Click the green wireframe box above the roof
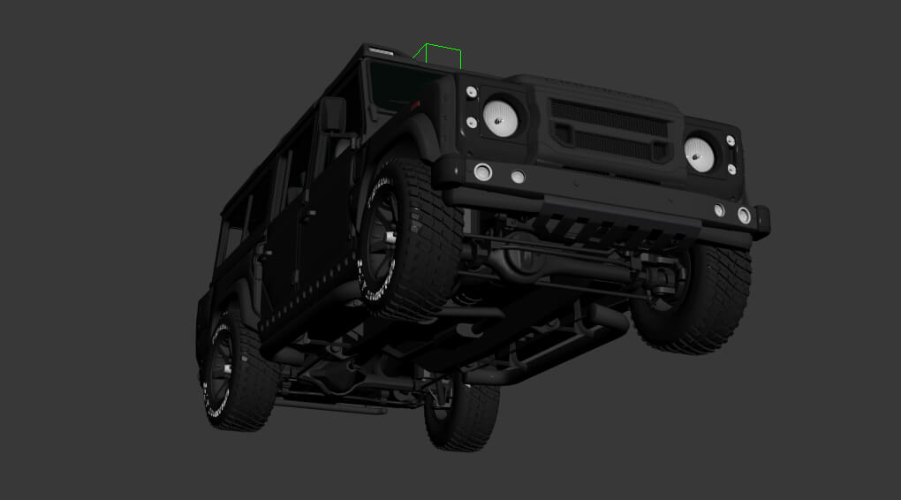[x=439, y=55]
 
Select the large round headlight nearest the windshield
[x=501, y=117]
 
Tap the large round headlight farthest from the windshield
[x=700, y=155]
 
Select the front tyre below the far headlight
[x=693, y=296]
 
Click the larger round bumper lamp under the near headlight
[x=482, y=171]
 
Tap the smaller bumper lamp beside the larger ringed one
[x=518, y=177]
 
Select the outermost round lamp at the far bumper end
[x=744, y=215]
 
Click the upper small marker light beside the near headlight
[x=472, y=92]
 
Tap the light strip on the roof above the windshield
[x=383, y=49]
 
